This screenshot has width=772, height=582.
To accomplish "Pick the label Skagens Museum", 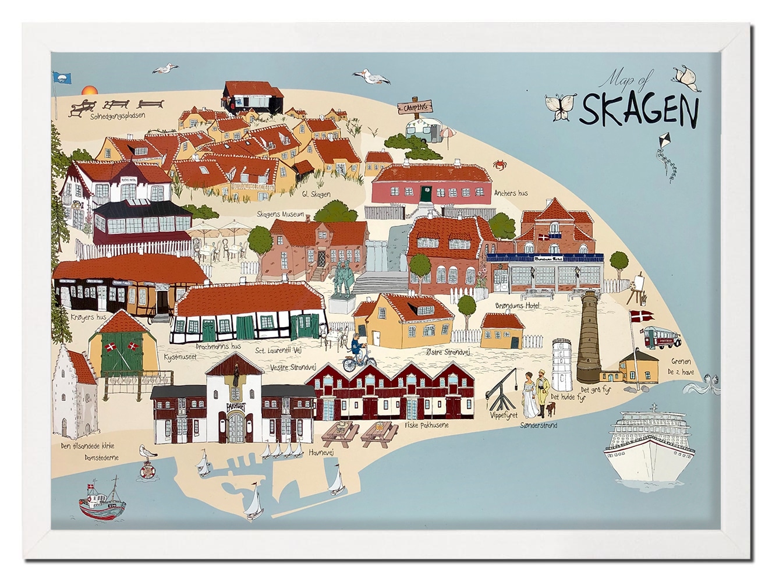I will [x=281, y=214].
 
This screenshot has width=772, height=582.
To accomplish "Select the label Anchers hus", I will [x=510, y=193].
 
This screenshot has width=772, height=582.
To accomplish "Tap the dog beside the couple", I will [x=550, y=411].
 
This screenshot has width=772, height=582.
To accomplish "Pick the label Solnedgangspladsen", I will [x=118, y=115].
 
